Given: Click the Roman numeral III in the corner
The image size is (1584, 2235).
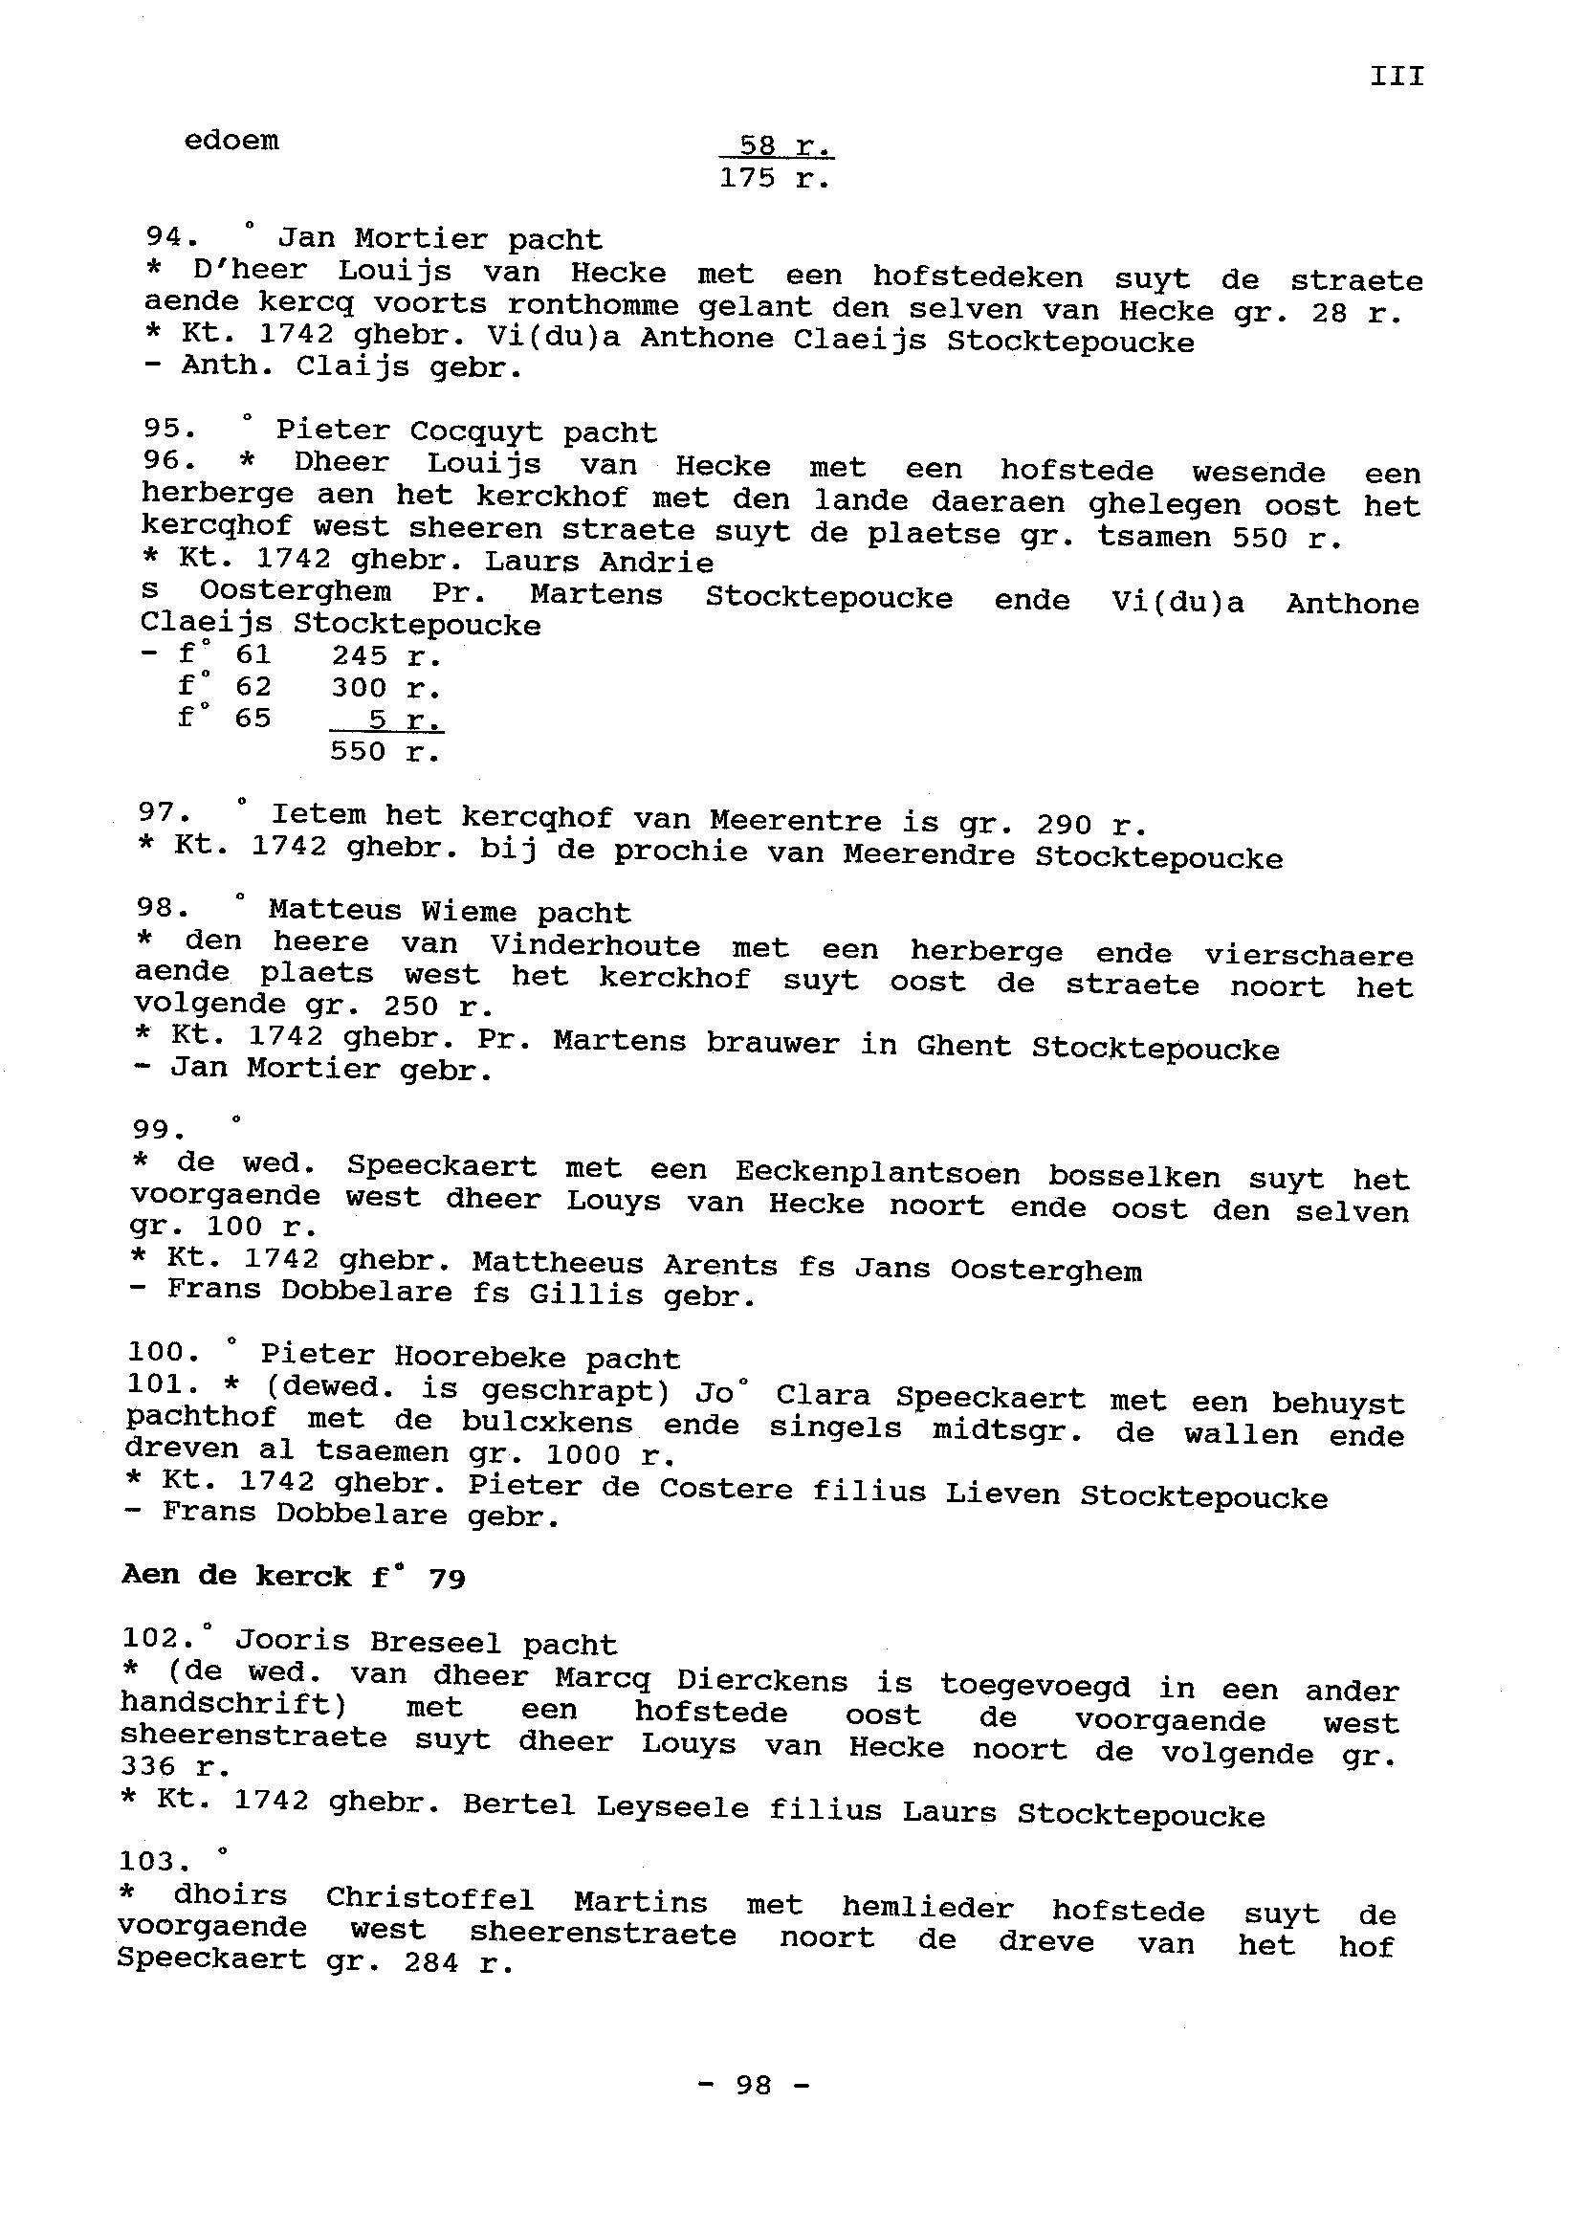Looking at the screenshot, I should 1397,77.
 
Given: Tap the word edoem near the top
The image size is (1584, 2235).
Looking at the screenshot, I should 231,141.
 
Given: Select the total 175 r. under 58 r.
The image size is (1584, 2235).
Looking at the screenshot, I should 775,179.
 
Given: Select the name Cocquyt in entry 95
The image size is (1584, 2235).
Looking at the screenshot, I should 475,431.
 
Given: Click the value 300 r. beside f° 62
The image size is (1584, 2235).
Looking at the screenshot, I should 386,688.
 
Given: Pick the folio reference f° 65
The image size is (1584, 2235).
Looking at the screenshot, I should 225,718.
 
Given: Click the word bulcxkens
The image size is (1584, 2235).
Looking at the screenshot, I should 547,1422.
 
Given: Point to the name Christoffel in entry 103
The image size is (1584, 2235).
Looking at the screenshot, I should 429,1898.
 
